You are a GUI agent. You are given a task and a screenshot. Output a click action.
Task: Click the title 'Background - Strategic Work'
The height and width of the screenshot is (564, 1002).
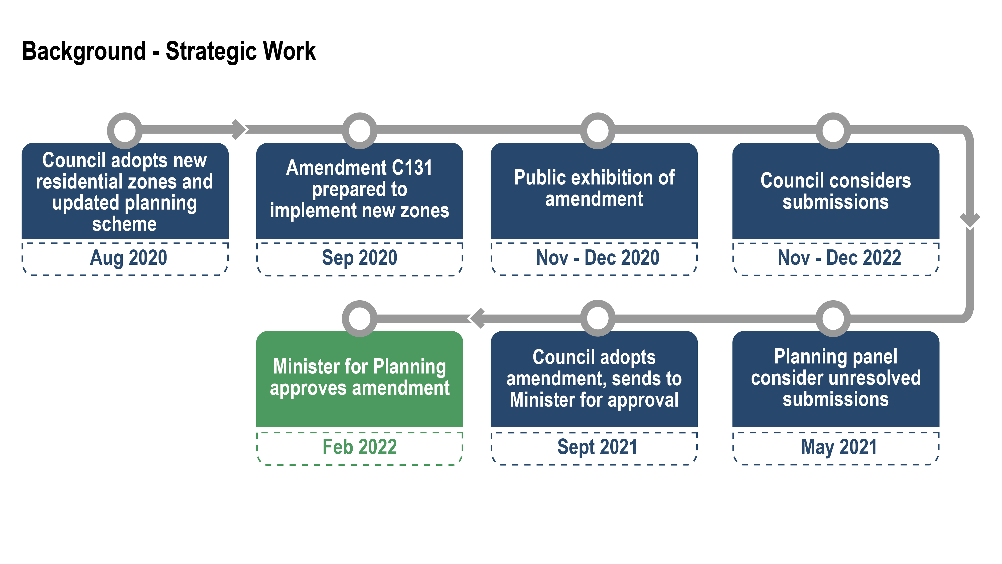(169, 51)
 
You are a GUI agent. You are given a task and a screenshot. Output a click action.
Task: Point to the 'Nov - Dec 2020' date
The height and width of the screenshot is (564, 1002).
(598, 258)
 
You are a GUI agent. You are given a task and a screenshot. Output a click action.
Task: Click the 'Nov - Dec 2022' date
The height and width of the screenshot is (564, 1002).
(839, 258)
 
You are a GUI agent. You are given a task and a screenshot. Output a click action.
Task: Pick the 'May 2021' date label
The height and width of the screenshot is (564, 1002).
(839, 447)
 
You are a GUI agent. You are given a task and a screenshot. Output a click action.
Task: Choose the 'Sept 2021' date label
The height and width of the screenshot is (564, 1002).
(598, 447)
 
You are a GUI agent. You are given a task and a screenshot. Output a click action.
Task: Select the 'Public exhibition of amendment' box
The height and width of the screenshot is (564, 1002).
(594, 191)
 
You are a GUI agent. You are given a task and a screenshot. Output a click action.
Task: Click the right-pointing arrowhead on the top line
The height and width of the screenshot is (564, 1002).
(239, 130)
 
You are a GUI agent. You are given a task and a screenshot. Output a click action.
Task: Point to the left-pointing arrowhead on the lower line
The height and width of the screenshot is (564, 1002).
(477, 318)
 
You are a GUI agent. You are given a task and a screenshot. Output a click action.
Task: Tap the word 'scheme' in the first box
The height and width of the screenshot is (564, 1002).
(124, 224)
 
